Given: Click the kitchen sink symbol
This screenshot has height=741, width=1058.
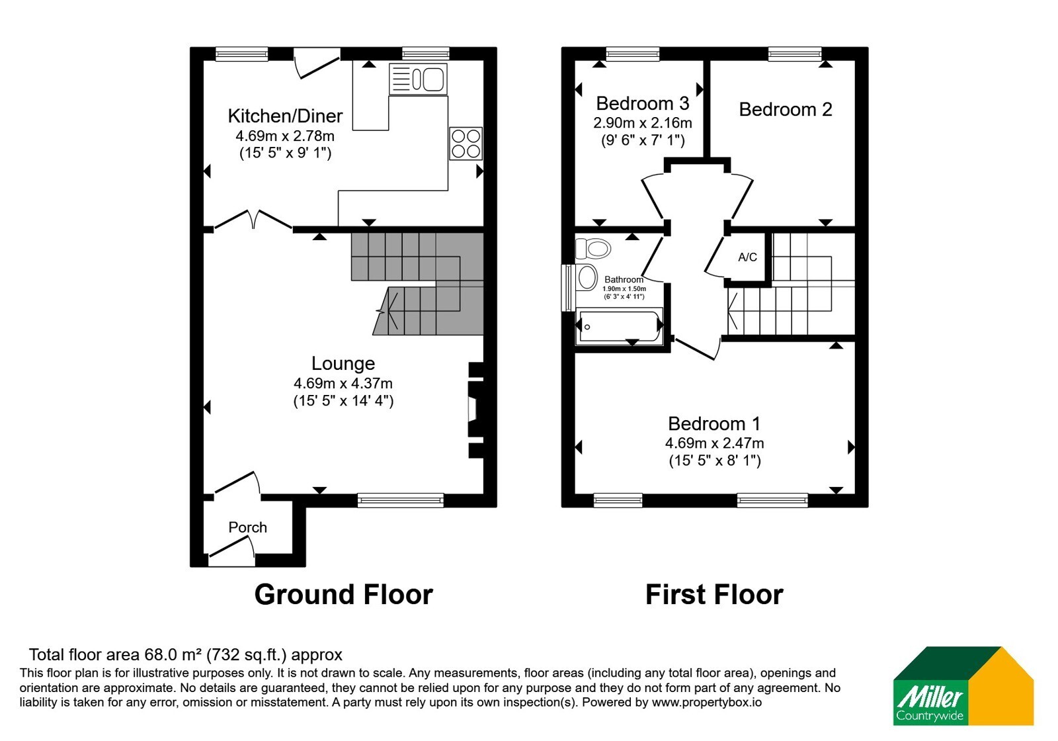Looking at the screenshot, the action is (418, 79).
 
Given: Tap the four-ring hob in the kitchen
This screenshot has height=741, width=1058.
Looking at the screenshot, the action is (466, 144).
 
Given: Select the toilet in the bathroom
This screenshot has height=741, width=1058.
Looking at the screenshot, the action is (592, 248).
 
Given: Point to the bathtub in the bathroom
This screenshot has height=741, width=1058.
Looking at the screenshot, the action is (619, 326).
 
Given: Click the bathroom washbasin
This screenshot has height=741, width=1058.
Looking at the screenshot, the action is (587, 277).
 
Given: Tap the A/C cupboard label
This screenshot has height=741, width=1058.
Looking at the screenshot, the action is (747, 257).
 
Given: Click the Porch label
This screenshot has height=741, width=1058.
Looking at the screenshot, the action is (247, 527).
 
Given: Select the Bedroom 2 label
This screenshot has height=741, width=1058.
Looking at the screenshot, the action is (785, 110).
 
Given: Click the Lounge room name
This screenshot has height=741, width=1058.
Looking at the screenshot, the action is (343, 363).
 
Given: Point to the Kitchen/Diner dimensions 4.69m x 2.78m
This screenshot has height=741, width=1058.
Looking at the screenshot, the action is (285, 136).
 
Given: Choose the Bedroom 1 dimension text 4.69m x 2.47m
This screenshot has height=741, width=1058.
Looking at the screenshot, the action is (714, 443).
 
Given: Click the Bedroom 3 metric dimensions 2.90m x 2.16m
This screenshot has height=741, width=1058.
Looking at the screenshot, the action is (642, 123).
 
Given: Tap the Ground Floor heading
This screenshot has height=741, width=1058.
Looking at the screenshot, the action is (343, 595).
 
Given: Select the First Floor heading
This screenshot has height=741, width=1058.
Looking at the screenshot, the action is (714, 595).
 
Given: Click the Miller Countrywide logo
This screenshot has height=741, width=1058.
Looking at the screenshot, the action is (963, 685).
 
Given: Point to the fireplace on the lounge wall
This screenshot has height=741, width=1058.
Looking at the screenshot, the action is (476, 410).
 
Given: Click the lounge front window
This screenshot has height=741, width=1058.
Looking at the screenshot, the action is (401, 500).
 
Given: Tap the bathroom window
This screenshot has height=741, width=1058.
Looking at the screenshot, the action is (566, 288).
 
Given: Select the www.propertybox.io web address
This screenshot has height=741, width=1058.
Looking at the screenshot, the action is (707, 702).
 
